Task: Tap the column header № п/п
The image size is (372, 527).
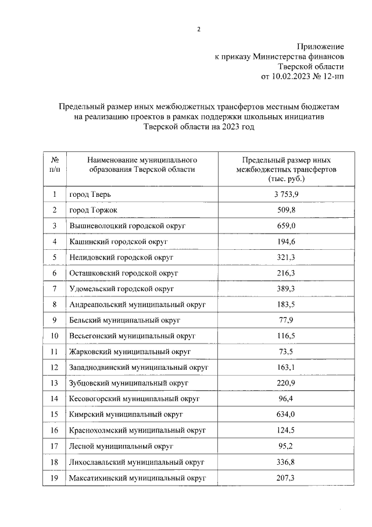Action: pos(55,164)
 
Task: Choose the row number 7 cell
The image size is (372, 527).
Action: pos(55,289)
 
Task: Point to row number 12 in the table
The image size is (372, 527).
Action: pos(55,367)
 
